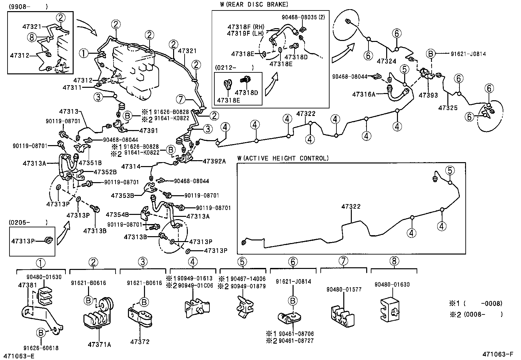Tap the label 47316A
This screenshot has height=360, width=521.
(x=363, y=94)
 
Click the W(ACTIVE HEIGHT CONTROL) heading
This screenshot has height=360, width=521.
(x=283, y=158)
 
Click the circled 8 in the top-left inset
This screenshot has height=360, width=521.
(x=32, y=38)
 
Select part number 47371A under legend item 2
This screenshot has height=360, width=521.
(x=99, y=344)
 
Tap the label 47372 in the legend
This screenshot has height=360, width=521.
(x=140, y=342)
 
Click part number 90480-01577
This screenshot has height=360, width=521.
(x=344, y=289)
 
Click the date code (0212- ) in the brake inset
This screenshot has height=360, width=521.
(x=234, y=67)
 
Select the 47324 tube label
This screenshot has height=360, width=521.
(x=386, y=61)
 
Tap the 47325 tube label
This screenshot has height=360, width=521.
(x=448, y=107)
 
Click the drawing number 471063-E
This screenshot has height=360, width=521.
(x=19, y=356)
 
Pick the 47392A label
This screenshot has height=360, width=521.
(x=214, y=161)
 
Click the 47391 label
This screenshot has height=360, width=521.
(x=149, y=130)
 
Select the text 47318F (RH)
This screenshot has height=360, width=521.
(x=246, y=27)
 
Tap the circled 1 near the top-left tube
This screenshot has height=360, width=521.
(x=84, y=53)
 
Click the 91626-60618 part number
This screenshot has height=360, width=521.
(x=41, y=348)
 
